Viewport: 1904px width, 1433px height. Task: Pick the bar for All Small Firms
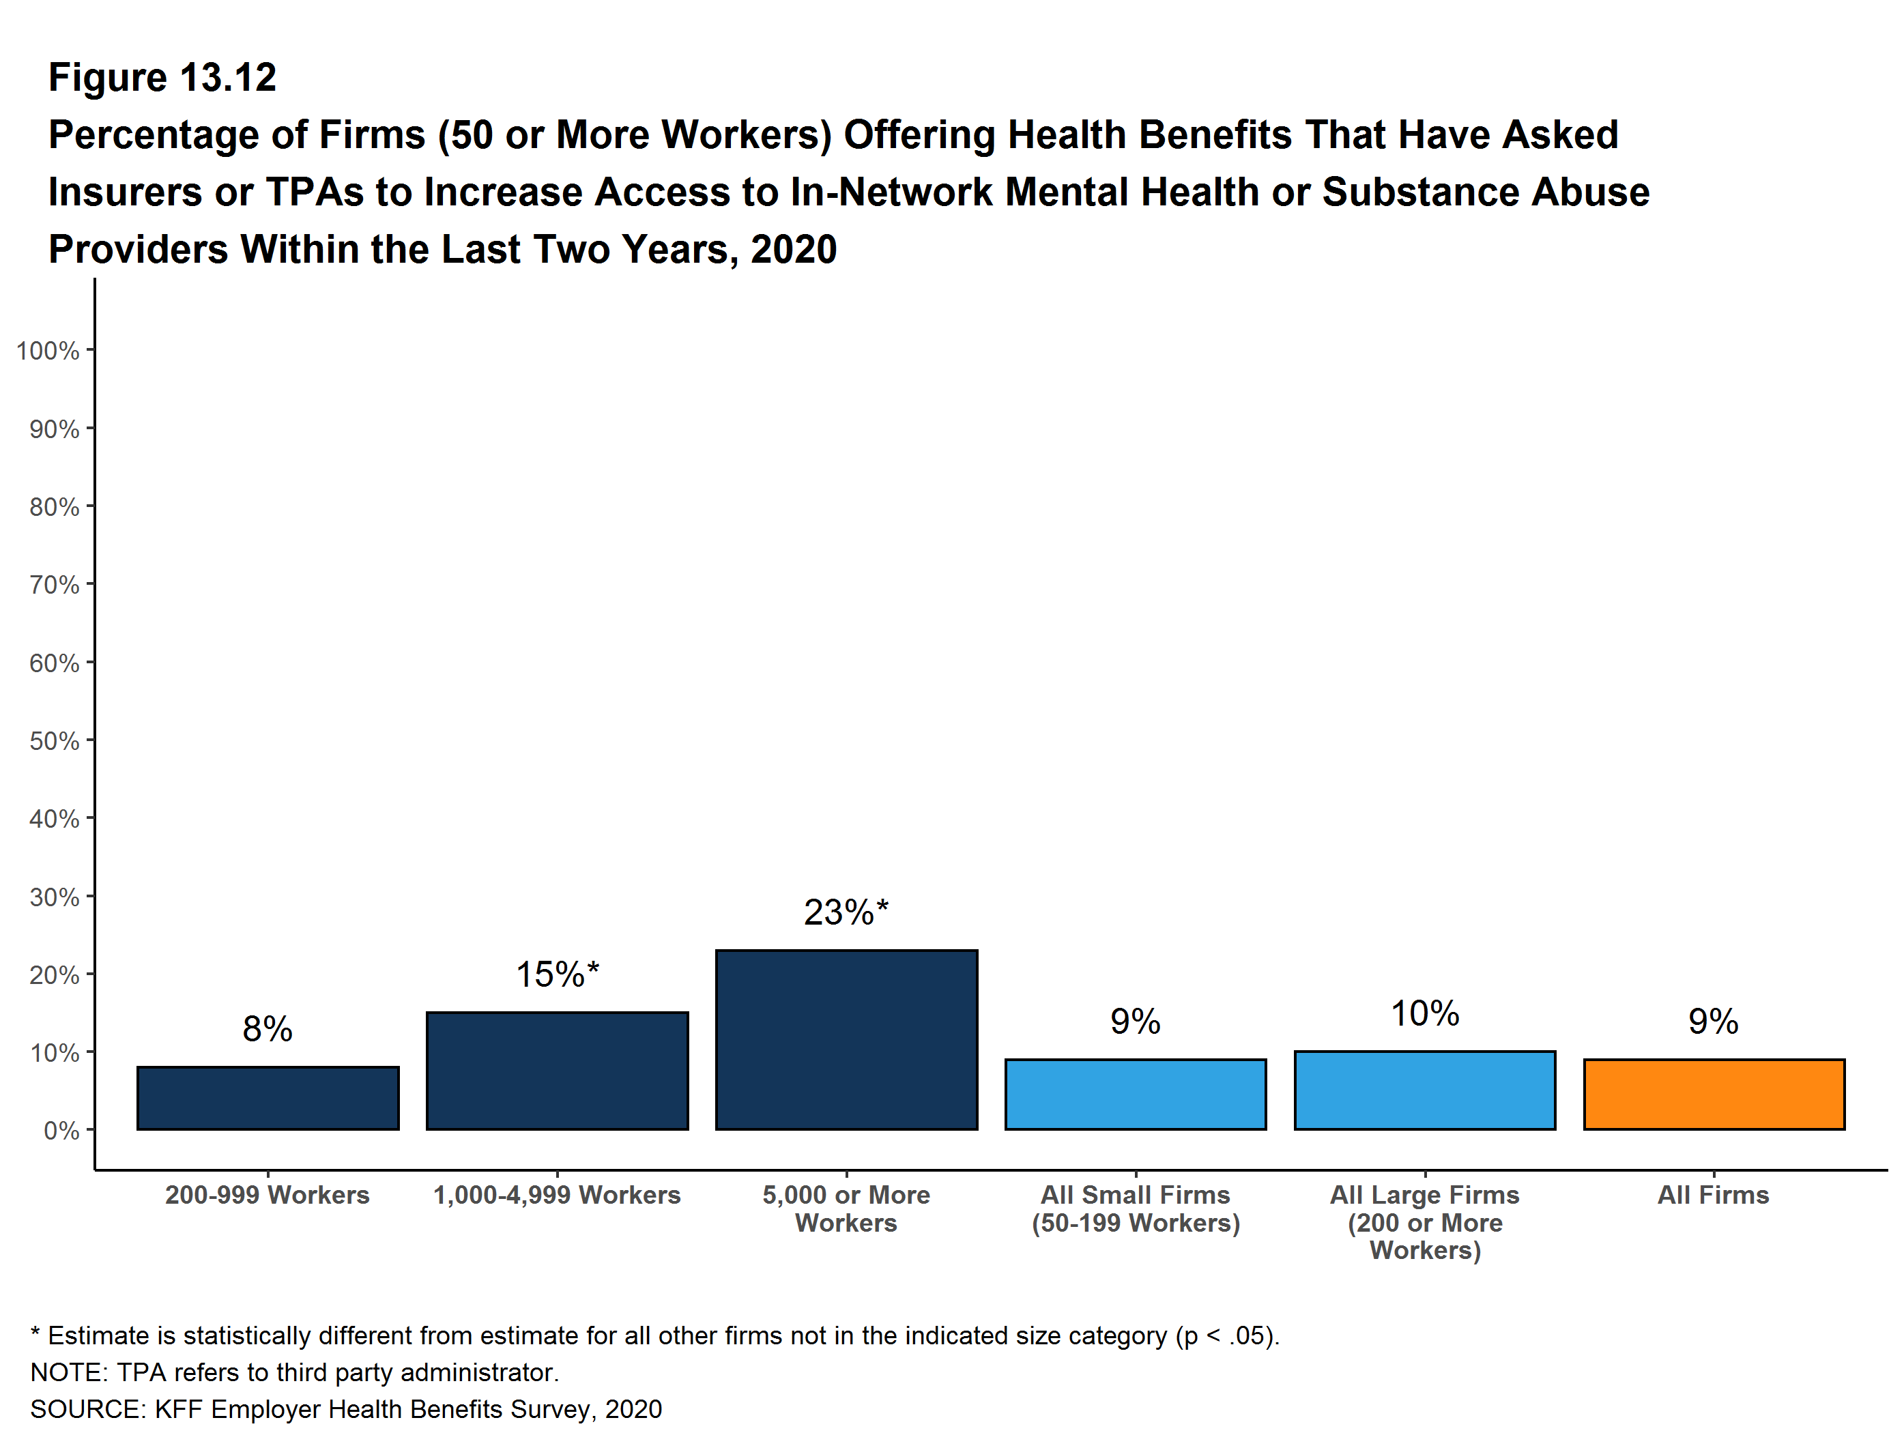click(x=1136, y=1094)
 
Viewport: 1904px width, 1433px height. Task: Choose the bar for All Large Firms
click(x=1424, y=1090)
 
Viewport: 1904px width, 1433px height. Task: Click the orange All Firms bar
click(x=1714, y=1094)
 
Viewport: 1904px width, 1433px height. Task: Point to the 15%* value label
click(x=557, y=974)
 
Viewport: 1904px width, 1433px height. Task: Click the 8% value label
click(x=268, y=1028)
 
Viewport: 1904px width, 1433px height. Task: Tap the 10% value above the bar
click(x=1424, y=1013)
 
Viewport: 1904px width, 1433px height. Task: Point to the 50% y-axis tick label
click(x=54, y=740)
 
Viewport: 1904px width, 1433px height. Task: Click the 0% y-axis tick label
click(x=61, y=1130)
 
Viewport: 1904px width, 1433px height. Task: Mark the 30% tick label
click(x=54, y=897)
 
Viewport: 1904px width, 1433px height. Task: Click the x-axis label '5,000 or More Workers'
click(x=846, y=1208)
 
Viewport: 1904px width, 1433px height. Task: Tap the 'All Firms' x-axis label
click(x=1714, y=1195)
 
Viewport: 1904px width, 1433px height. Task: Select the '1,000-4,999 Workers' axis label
click(x=557, y=1195)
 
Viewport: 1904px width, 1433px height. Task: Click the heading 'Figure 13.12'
click(x=162, y=78)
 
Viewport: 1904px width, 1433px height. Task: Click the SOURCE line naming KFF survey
click(x=346, y=1409)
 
